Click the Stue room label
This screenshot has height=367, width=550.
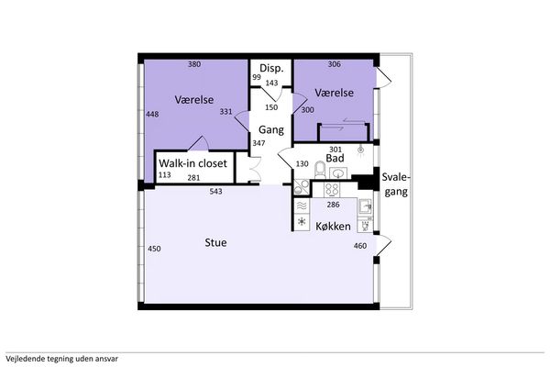[215, 242]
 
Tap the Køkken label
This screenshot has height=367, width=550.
[333, 227]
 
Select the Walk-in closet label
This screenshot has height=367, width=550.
[192, 163]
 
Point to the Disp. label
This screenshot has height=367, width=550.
[271, 69]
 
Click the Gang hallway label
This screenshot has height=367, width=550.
[271, 130]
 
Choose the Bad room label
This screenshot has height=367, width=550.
[335, 159]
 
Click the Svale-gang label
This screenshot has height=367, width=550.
[396, 184]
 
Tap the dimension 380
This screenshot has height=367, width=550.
[194, 64]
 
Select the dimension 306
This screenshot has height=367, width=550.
[334, 64]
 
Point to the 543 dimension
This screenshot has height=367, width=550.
[215, 192]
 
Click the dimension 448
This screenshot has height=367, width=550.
[152, 114]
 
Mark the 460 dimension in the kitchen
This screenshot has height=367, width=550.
[360, 246]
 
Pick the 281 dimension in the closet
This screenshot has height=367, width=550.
[193, 178]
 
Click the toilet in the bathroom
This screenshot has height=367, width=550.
[320, 170]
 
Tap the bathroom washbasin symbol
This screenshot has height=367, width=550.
[338, 172]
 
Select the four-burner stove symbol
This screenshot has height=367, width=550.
[332, 190]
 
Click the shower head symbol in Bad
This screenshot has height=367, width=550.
[360, 150]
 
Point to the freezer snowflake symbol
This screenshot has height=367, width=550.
[302, 222]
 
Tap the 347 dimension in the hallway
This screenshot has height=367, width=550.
[258, 143]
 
